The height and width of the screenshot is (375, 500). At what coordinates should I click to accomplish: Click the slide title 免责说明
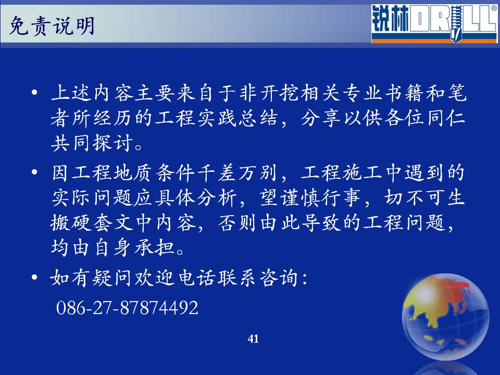[x=52, y=26]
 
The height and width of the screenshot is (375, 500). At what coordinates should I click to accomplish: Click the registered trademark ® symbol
[x=494, y=9]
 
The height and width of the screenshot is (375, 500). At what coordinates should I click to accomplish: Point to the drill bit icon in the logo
[x=456, y=24]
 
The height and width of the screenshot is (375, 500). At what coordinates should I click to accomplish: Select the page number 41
[x=253, y=339]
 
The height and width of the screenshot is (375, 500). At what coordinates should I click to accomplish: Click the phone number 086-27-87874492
[x=127, y=308]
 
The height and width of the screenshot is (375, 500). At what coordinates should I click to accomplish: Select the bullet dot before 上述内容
[x=34, y=93]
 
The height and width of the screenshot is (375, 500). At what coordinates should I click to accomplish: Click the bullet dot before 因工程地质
[x=34, y=172]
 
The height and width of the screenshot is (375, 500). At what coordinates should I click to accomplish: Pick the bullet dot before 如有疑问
[x=34, y=277]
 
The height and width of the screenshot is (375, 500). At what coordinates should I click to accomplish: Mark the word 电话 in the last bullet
[x=197, y=277]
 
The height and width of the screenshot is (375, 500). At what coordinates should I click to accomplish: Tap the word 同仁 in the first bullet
[x=446, y=118]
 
